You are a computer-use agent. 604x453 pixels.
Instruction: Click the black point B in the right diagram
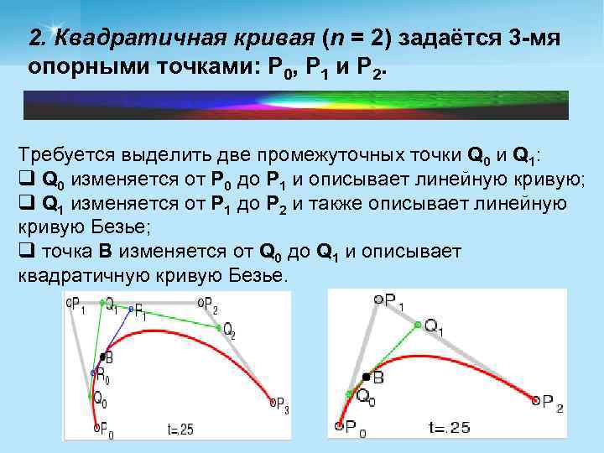[365, 377]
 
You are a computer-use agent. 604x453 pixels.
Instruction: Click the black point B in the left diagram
[100, 357]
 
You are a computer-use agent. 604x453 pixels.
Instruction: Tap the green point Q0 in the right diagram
[350, 393]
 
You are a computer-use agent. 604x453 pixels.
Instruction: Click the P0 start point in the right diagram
[339, 426]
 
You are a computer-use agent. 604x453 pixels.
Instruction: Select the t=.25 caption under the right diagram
[449, 428]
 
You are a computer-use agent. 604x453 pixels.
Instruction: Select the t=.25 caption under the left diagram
[179, 429]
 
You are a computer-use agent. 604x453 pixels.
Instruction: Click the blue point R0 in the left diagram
[92, 372]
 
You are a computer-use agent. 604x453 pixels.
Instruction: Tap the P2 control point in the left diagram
[200, 300]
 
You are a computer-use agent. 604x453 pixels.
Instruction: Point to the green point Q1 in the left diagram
[102, 301]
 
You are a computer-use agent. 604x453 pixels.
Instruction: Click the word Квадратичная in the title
[115, 39]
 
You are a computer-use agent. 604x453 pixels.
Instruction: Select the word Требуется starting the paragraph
[67, 156]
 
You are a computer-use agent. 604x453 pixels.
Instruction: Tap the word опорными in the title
[74, 67]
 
